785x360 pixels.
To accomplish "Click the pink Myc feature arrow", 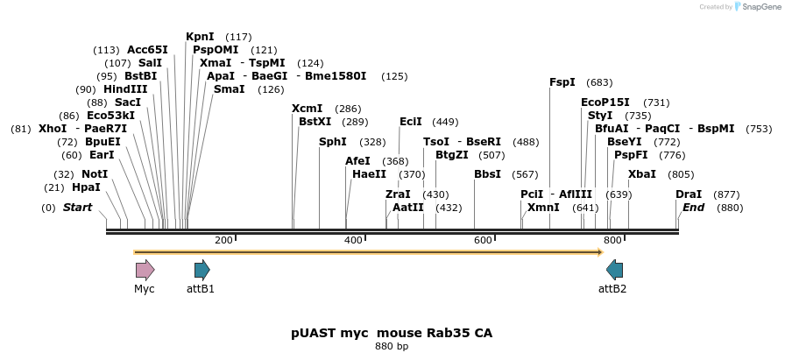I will pos(145,270).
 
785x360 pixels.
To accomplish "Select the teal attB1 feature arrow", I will pos(202,270).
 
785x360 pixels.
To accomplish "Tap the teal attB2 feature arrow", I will pos(614,270).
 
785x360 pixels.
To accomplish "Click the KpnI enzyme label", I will pos(200,37).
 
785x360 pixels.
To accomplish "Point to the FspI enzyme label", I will pos(562,82).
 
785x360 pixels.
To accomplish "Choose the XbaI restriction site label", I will pos(641,174).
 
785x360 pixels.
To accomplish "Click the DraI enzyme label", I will pos(689,194).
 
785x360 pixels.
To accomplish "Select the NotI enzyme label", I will pos(95,174).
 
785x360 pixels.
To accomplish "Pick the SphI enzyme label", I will pos(332,142).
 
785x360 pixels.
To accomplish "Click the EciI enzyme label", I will pos(410,122).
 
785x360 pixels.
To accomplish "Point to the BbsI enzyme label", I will pos(487,174).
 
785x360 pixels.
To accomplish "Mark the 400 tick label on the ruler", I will pos(353,240).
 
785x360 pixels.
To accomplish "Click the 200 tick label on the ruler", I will pos(223,240).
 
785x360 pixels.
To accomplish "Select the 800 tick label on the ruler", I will pos(612,240).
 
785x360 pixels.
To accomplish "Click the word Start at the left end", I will pos(77,208).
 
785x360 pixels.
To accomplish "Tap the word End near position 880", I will pos(693,208).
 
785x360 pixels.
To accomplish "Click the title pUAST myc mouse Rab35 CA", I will pos(392,334).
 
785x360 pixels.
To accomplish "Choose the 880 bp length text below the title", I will pos(392,347).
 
